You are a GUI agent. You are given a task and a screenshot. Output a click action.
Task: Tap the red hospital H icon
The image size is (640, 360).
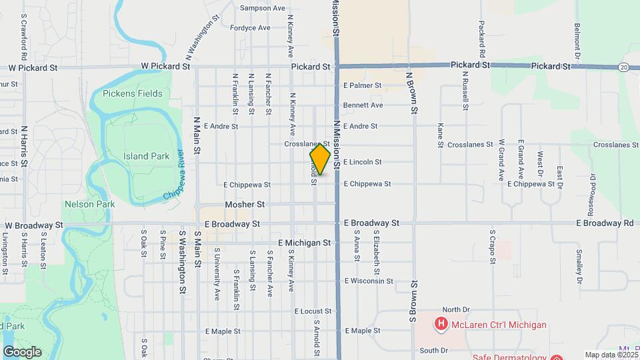point(440,325)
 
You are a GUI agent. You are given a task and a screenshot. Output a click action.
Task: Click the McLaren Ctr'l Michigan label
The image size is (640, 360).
point(499,325)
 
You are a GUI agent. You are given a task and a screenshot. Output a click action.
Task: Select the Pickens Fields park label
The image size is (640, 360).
point(133,93)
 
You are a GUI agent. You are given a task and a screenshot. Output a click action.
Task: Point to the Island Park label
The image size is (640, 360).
point(146,156)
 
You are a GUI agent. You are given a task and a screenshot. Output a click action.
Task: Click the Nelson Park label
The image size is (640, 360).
point(89,204)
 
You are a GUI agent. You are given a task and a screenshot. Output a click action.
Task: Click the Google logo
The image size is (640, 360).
point(21,352)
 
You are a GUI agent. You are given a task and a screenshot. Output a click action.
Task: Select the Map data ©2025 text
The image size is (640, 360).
point(610,355)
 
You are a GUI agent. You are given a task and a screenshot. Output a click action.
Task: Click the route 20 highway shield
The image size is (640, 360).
point(623,67)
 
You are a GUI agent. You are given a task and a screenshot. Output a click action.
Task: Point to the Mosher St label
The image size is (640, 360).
point(245,204)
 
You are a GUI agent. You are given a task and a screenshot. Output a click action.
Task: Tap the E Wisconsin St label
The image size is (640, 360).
point(369,281)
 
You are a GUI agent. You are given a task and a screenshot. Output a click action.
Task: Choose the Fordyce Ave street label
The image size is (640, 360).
point(250,28)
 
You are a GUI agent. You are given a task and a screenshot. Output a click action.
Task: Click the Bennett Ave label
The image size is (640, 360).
point(363,105)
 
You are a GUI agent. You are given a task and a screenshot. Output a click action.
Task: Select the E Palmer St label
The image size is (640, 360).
point(362,85)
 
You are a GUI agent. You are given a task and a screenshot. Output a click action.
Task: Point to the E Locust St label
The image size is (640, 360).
point(313,311)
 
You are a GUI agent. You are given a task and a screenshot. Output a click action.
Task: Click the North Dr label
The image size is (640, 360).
point(456,309)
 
